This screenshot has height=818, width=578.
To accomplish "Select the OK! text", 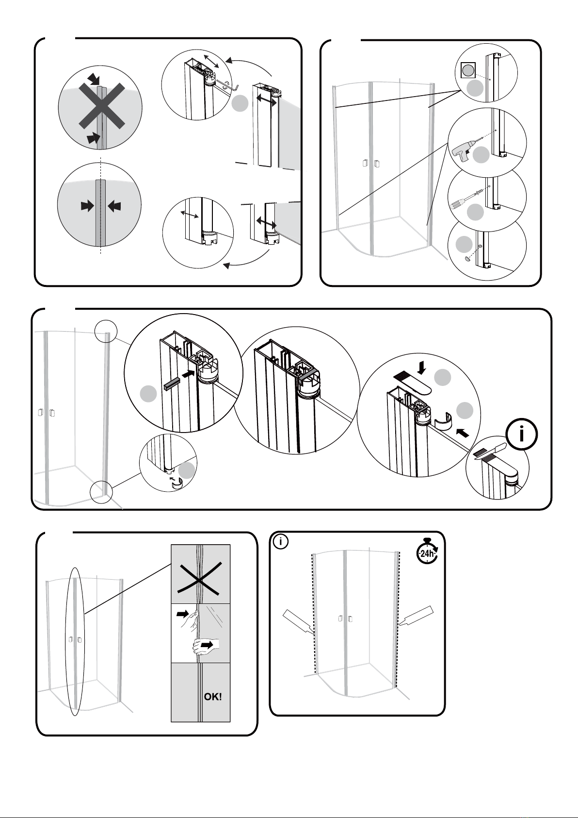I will (x=213, y=697).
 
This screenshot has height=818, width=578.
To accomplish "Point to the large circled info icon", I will (x=521, y=434).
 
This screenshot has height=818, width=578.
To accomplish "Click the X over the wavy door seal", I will (x=200, y=575).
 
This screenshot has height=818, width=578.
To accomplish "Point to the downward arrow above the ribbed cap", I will (x=422, y=368).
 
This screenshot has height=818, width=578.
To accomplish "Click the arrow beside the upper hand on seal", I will (x=182, y=614).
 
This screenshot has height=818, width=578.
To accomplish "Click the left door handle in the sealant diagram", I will (x=339, y=619).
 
